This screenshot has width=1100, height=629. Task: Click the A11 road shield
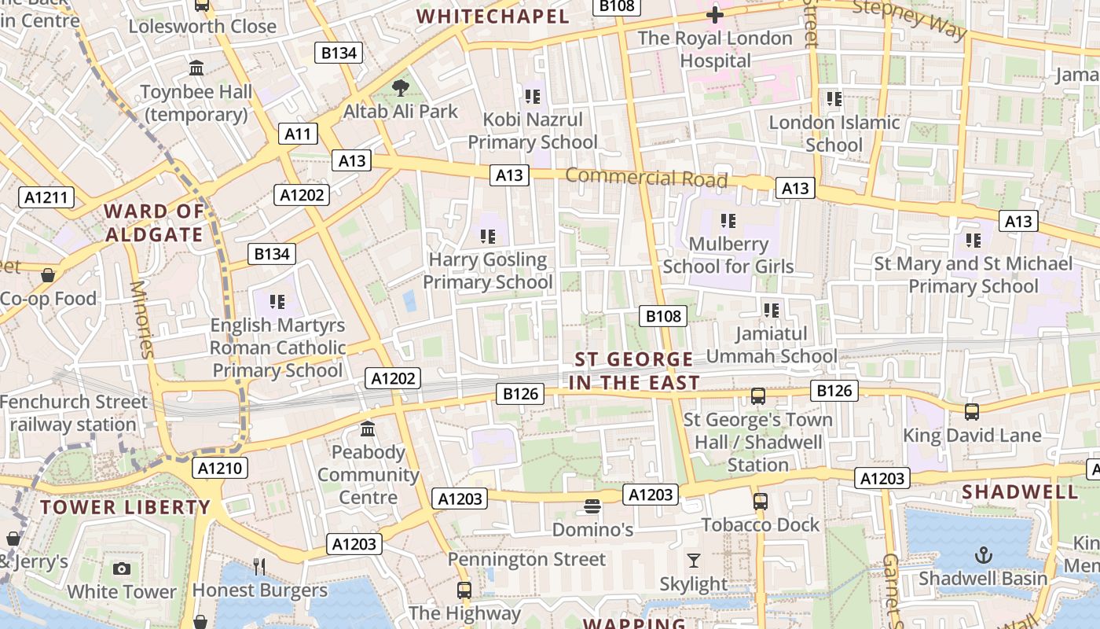point(298,134)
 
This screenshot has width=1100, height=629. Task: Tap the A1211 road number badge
point(46,197)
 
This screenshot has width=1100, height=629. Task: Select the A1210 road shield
point(220,469)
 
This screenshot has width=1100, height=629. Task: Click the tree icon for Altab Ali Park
point(401,87)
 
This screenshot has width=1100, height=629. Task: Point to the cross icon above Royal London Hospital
point(714,15)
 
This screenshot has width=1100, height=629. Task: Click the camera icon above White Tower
point(122,568)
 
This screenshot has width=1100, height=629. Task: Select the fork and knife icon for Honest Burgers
point(259,566)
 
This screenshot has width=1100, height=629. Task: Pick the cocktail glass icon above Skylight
point(693,561)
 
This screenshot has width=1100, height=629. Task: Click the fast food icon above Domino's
point(592,506)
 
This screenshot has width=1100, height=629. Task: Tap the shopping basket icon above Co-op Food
point(48,275)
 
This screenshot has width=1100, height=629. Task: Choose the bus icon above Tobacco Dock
point(760,502)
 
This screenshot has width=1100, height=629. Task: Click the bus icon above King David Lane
point(972,412)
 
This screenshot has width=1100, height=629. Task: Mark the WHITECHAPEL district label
point(493,17)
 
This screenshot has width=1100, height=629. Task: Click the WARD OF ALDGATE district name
point(155,223)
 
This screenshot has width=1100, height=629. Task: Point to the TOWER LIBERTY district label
point(126,507)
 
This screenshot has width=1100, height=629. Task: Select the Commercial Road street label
point(646,178)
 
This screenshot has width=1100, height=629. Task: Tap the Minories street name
point(142,319)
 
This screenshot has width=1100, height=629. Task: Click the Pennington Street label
point(526,560)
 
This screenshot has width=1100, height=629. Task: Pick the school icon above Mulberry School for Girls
point(728,221)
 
